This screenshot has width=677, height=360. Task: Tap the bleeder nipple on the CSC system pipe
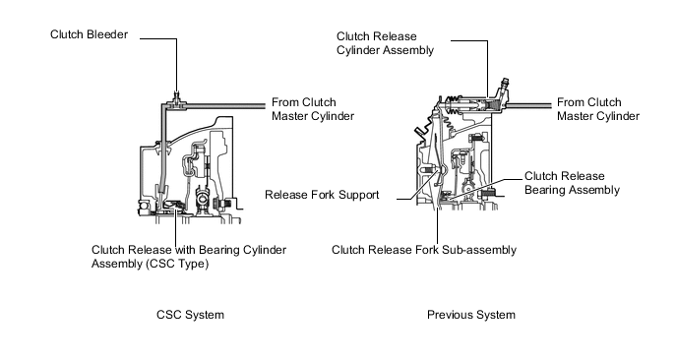pos(176,96)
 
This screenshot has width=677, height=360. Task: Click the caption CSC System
pos(191,315)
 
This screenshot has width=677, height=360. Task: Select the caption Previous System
pos(471,315)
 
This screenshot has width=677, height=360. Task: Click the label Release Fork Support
pos(322,195)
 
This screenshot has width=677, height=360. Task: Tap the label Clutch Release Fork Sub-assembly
pos(424,250)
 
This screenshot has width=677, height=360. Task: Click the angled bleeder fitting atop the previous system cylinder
pos(503,89)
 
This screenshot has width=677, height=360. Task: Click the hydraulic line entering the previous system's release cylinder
pos(529,105)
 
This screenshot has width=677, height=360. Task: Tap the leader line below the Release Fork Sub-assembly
pos(437,225)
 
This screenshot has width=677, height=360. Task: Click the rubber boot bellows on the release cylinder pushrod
pos(453,107)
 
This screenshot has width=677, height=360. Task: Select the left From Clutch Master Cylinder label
pos(313,109)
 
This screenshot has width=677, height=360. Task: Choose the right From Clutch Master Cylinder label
pos(598,109)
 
